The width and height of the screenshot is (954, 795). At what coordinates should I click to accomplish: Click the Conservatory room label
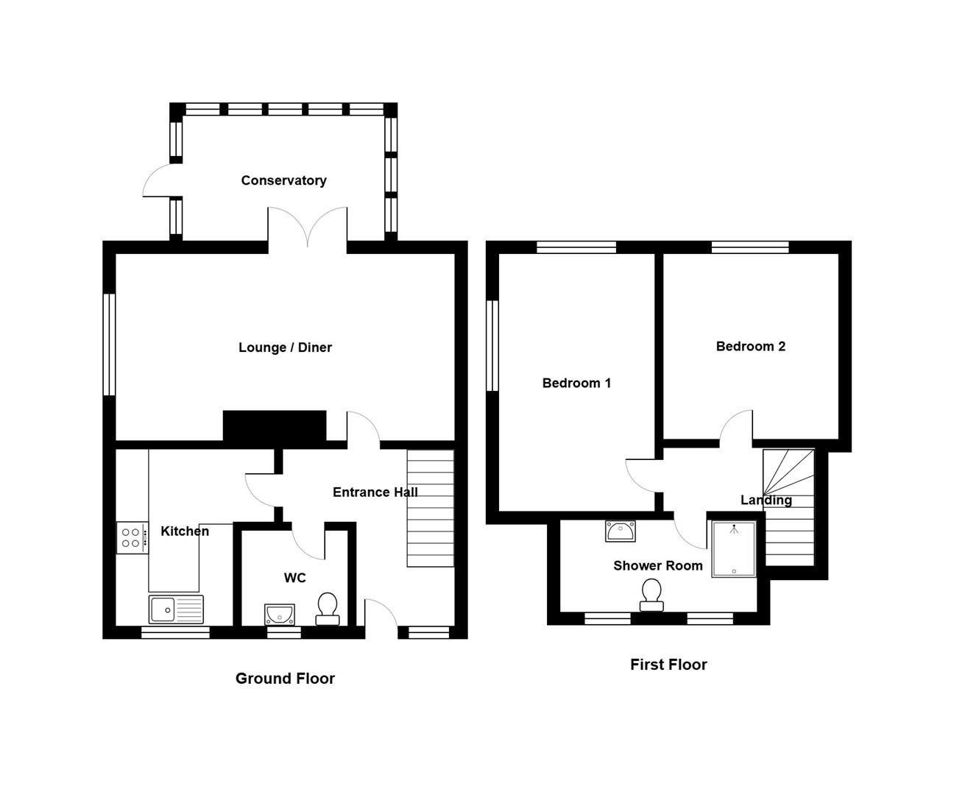[283, 180]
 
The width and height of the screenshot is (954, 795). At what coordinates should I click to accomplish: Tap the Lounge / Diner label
[285, 347]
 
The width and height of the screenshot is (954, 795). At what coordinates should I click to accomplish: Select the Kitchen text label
[185, 531]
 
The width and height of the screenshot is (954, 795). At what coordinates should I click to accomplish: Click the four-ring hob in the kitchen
[132, 538]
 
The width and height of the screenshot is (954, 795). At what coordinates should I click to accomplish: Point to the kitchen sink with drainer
[176, 609]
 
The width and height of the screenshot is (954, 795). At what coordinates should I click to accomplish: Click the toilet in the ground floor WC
[328, 609]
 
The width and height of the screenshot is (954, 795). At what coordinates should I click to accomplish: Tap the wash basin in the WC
[280, 614]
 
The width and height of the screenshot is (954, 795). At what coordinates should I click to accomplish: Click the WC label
[294, 578]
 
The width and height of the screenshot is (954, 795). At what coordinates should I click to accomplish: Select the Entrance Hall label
[375, 492]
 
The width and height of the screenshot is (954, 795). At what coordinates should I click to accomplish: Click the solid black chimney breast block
[275, 426]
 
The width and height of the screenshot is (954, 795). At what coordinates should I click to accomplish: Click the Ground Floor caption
[285, 679]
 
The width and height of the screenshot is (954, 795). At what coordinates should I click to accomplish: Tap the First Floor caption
[668, 664]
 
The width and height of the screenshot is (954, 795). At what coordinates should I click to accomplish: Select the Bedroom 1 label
[576, 383]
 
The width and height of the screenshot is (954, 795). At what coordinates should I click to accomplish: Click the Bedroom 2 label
[751, 346]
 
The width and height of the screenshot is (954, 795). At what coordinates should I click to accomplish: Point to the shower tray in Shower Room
[733, 549]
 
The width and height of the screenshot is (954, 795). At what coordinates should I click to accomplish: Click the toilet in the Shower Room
[651, 595]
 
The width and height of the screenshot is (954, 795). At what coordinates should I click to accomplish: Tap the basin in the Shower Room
[620, 531]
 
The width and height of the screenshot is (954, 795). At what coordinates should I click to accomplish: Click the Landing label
[766, 501]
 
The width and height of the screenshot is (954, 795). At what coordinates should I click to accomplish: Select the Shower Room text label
[658, 565]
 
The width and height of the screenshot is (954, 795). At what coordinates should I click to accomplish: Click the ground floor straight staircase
[431, 508]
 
